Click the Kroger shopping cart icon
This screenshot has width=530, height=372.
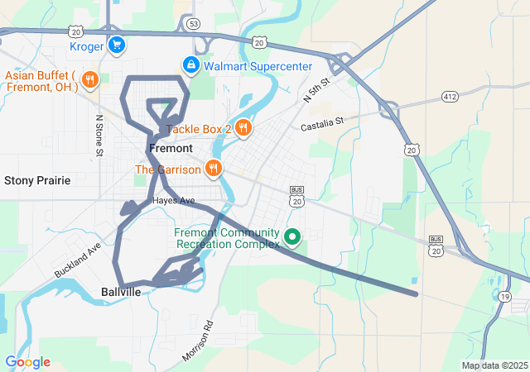[117, 46]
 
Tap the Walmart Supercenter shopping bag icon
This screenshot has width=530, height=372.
[190, 65]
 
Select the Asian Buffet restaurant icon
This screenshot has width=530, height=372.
[90, 80]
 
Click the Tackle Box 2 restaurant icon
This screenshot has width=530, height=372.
[243, 128]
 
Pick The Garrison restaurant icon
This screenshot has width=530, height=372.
[214, 169]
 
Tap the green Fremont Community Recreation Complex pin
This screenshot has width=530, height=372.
[291, 238]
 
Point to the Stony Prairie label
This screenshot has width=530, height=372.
[37, 180]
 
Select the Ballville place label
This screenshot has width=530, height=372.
[122, 292]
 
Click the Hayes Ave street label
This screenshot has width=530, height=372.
[173, 201]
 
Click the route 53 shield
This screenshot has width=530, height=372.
[193, 24]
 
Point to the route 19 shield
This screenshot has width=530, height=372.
[504, 296]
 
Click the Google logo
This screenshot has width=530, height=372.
[27, 362]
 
